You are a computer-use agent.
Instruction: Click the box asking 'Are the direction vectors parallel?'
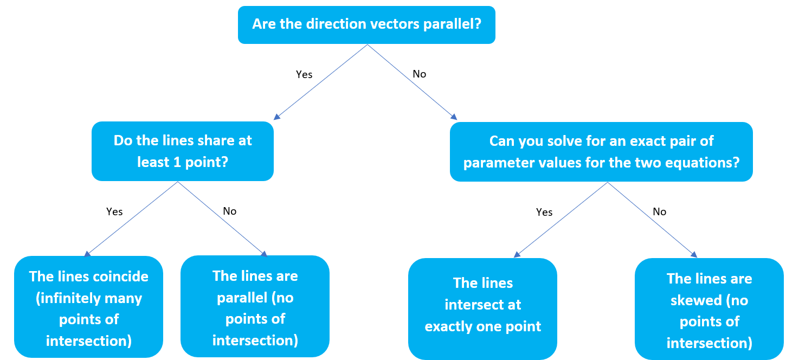[366, 24]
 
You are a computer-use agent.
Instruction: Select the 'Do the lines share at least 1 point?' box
[183, 151]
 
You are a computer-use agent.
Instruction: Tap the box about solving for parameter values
[601, 152]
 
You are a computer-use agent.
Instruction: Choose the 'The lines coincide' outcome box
[88, 308]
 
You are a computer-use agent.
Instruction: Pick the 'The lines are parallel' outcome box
[255, 308]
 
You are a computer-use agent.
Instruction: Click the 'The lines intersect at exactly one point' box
[482, 308]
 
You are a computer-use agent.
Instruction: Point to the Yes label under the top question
[304, 74]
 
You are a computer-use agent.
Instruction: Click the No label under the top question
[419, 74]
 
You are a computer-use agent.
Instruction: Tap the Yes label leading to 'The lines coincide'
[114, 211]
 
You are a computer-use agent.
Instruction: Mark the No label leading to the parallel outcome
[230, 211]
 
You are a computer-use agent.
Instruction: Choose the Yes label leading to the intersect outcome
[544, 212]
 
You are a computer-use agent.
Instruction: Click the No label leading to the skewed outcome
[659, 211]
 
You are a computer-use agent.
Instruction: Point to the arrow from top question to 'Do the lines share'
[321, 82]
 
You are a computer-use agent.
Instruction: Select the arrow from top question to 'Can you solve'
[412, 82]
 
